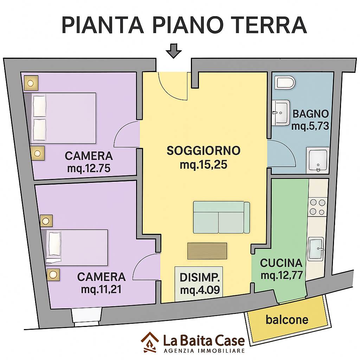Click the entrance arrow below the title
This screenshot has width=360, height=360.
[174, 51]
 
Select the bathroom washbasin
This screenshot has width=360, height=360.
[280, 113]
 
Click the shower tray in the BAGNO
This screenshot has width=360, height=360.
[318, 160]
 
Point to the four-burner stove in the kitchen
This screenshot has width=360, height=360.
[317, 207]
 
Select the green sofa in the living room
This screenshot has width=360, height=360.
[221, 217]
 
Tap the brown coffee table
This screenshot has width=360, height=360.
[207, 251]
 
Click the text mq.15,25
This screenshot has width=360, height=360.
[204, 165]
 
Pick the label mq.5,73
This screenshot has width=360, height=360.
[310, 126]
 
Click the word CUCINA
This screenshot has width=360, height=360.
[281, 263]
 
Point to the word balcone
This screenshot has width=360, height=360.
[287, 319]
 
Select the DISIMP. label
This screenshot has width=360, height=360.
[200, 278]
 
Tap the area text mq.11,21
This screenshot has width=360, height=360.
[101, 290]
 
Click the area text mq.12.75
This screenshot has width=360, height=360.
[89, 168]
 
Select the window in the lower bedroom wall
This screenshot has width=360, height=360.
[86, 317]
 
